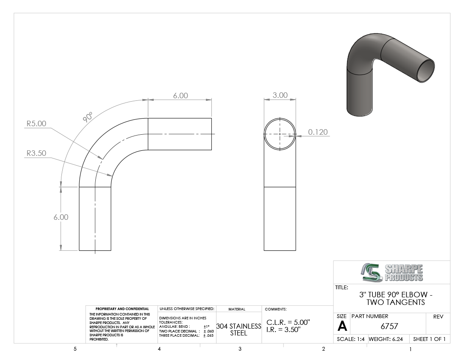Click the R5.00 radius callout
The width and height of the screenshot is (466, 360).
point(36,124)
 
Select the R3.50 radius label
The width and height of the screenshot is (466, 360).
point(36,153)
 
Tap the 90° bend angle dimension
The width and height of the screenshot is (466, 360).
point(88,117)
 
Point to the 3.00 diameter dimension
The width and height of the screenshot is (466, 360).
point(280,95)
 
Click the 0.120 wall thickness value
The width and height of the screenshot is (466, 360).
point(318,132)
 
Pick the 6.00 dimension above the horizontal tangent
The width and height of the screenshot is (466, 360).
point(180,96)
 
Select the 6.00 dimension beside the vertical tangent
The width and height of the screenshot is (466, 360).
point(61,217)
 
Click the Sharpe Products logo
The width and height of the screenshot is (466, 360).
point(392,272)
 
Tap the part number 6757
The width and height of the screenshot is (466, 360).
point(389,326)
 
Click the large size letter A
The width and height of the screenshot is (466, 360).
point(342,327)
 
